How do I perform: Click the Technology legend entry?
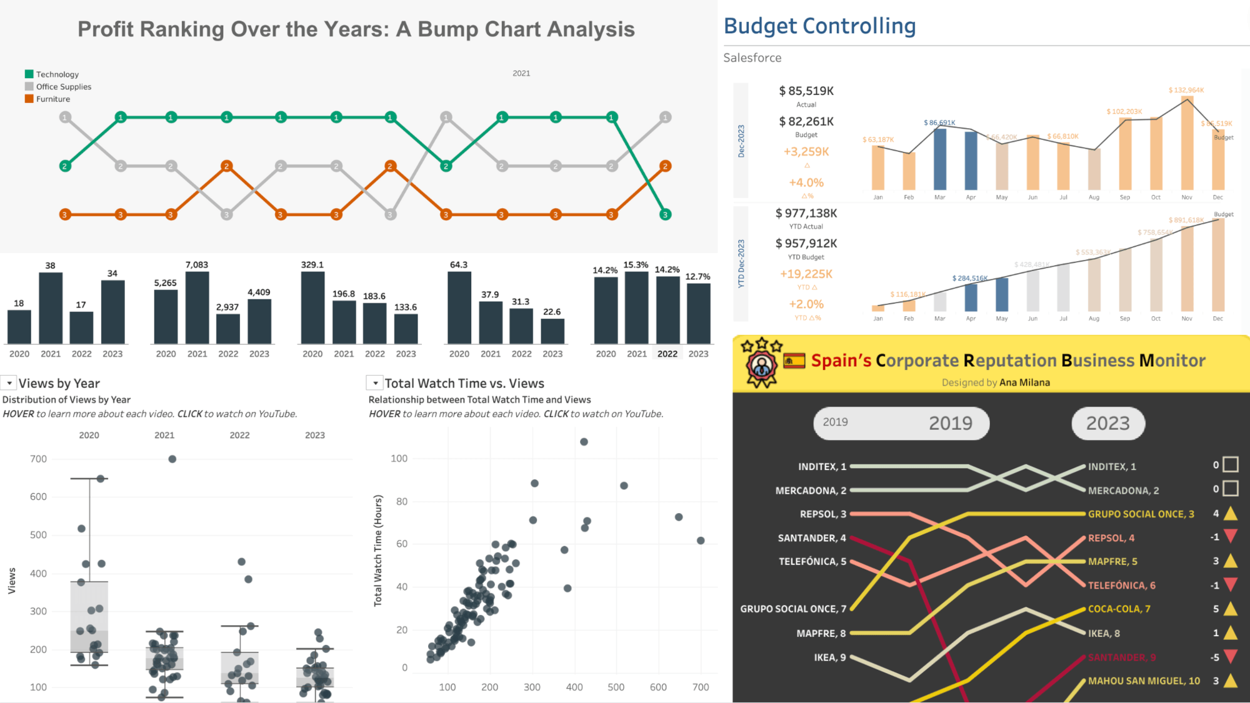click(57, 74)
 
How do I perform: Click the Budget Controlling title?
click(819, 26)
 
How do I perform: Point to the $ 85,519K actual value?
click(806, 91)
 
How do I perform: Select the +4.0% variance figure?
click(806, 182)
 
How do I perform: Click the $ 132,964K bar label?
click(1186, 91)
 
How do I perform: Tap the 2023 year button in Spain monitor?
click(1107, 424)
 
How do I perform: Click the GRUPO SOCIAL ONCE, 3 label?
click(1141, 514)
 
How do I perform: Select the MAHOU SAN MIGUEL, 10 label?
click(1144, 681)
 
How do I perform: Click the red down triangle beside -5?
click(1230, 657)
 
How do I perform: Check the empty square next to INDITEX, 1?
click(1230, 465)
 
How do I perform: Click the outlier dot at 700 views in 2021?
click(172, 459)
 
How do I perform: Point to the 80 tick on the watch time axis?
click(399, 501)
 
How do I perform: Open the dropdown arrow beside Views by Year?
click(9, 383)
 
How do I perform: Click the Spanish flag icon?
click(794, 361)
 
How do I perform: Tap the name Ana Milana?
click(1024, 382)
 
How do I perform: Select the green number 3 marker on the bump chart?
click(665, 214)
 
